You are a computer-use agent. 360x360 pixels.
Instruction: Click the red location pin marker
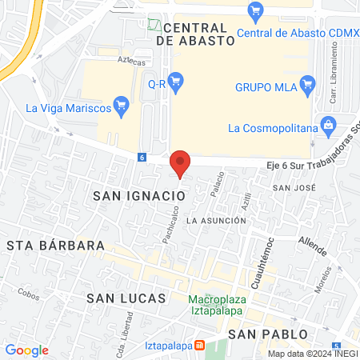coord(180,163)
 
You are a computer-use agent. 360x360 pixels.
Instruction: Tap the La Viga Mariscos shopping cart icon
coord(122,104)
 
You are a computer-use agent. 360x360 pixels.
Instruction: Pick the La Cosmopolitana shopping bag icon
coord(327,125)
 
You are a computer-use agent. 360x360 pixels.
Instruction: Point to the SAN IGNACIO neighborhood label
coord(134,195)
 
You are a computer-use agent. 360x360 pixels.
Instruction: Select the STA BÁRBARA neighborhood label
coord(56,244)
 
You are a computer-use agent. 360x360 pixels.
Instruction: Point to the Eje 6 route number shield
coord(142,158)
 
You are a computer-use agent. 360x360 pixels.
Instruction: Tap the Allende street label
coord(312,245)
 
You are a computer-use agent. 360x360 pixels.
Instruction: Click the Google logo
coord(26,350)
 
